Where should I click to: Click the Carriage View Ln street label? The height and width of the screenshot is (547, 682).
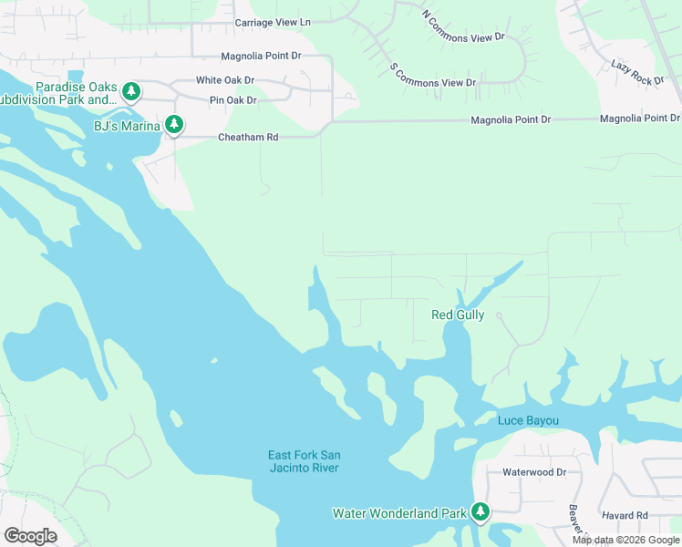point(273,22)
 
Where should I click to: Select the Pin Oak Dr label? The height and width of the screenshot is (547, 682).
point(233,99)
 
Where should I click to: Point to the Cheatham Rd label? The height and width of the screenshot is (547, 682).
point(247,137)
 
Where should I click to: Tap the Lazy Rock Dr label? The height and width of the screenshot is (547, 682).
point(638,74)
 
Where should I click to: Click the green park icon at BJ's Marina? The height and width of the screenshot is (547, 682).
point(174,125)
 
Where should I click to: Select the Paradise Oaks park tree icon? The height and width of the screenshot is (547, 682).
point(131,91)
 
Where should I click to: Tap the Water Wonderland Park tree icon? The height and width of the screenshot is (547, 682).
point(480,513)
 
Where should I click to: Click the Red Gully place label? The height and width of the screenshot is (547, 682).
point(458,315)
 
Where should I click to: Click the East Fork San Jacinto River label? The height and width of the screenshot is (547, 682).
point(304,461)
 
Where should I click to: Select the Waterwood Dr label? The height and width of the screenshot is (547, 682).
point(534,472)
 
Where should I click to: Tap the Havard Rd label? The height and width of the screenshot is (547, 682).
point(625,516)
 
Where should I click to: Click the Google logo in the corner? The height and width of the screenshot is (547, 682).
point(30,535)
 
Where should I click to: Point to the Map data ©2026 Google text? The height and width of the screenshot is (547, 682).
point(625,540)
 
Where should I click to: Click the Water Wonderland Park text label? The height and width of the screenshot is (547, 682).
point(399,514)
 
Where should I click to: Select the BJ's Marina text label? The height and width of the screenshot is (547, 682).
point(127,125)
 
